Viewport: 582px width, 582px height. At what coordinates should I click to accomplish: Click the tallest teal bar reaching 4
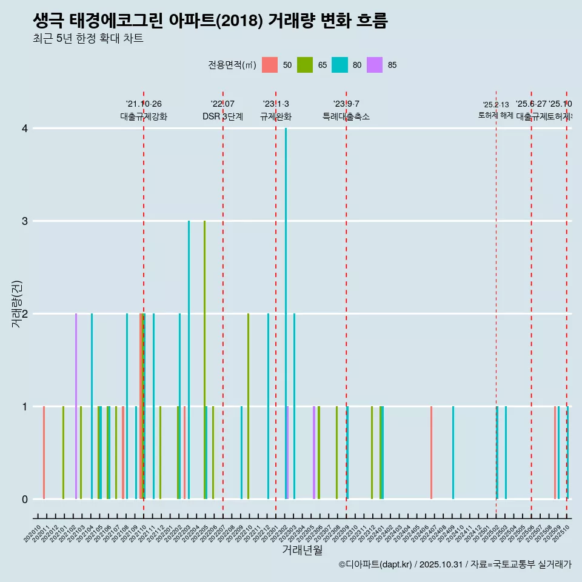coord(286,313)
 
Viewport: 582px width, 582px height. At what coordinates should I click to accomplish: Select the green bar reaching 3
coord(204,360)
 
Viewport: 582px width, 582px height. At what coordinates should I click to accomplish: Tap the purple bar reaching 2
coord(76,406)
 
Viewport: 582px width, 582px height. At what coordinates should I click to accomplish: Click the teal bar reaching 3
coord(189,360)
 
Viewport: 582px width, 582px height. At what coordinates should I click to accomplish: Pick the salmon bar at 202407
coord(431,452)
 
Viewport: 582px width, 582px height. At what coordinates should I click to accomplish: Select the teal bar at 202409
coord(453,452)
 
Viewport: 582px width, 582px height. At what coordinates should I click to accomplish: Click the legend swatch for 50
coord(270,65)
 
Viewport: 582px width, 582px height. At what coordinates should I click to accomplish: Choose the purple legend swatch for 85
coord(375,65)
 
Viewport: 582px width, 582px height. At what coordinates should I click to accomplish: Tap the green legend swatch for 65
coord(305,65)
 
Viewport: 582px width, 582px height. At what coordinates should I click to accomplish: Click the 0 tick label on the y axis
coord(25,499)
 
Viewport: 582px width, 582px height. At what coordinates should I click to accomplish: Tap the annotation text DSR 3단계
coord(222,117)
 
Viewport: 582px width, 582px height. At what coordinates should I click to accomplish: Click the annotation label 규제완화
coord(276,117)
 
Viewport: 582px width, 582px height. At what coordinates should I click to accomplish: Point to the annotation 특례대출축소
coord(346,117)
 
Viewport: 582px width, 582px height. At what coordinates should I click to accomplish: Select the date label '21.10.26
coord(144,104)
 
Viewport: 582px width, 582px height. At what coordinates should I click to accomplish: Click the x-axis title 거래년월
coord(302,550)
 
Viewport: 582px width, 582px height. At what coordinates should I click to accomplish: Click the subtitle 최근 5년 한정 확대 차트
coord(88,39)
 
